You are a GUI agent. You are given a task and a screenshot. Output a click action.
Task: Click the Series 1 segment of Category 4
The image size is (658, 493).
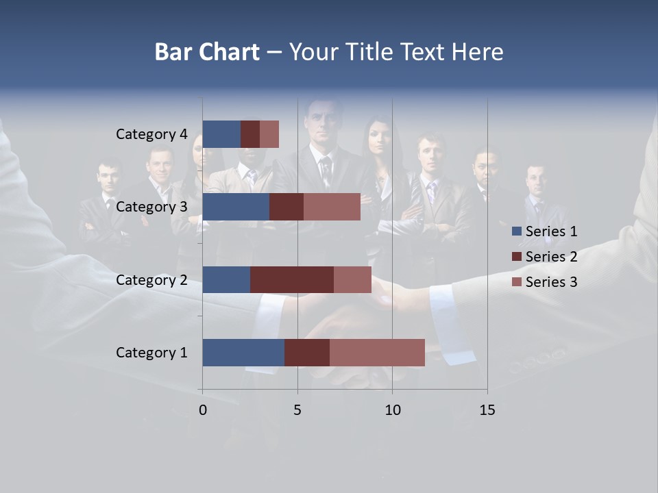click(221, 134)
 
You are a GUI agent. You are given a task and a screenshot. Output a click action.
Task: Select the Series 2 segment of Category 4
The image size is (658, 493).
click(250, 134)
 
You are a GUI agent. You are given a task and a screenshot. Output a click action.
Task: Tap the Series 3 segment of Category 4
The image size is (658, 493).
click(269, 134)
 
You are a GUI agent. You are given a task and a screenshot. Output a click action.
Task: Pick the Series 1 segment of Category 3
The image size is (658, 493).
click(236, 207)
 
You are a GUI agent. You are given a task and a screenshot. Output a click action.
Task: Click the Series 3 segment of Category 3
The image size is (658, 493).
click(332, 207)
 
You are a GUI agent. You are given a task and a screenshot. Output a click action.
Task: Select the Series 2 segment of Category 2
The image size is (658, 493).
click(292, 279)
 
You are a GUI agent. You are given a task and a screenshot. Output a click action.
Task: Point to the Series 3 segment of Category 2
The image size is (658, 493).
click(352, 279)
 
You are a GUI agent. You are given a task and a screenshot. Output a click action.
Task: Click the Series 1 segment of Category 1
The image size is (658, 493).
click(243, 353)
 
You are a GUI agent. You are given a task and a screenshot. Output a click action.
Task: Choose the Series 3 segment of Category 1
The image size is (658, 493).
click(377, 353)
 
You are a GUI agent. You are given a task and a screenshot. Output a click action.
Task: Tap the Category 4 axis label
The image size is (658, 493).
click(151, 134)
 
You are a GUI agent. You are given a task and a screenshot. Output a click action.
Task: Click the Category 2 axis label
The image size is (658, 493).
click(151, 279)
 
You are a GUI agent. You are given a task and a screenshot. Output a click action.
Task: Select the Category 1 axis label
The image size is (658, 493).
click(151, 353)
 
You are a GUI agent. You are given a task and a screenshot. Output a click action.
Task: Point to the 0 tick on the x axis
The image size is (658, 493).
click(203, 410)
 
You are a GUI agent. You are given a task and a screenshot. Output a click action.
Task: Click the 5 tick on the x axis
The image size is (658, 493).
click(297, 410)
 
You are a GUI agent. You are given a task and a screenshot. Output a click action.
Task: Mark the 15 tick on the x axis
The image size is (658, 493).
click(487, 410)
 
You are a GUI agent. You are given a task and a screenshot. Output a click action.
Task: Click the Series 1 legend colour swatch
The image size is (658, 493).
click(516, 231)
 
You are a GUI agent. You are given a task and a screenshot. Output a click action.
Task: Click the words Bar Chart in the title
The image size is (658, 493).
click(206, 52)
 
